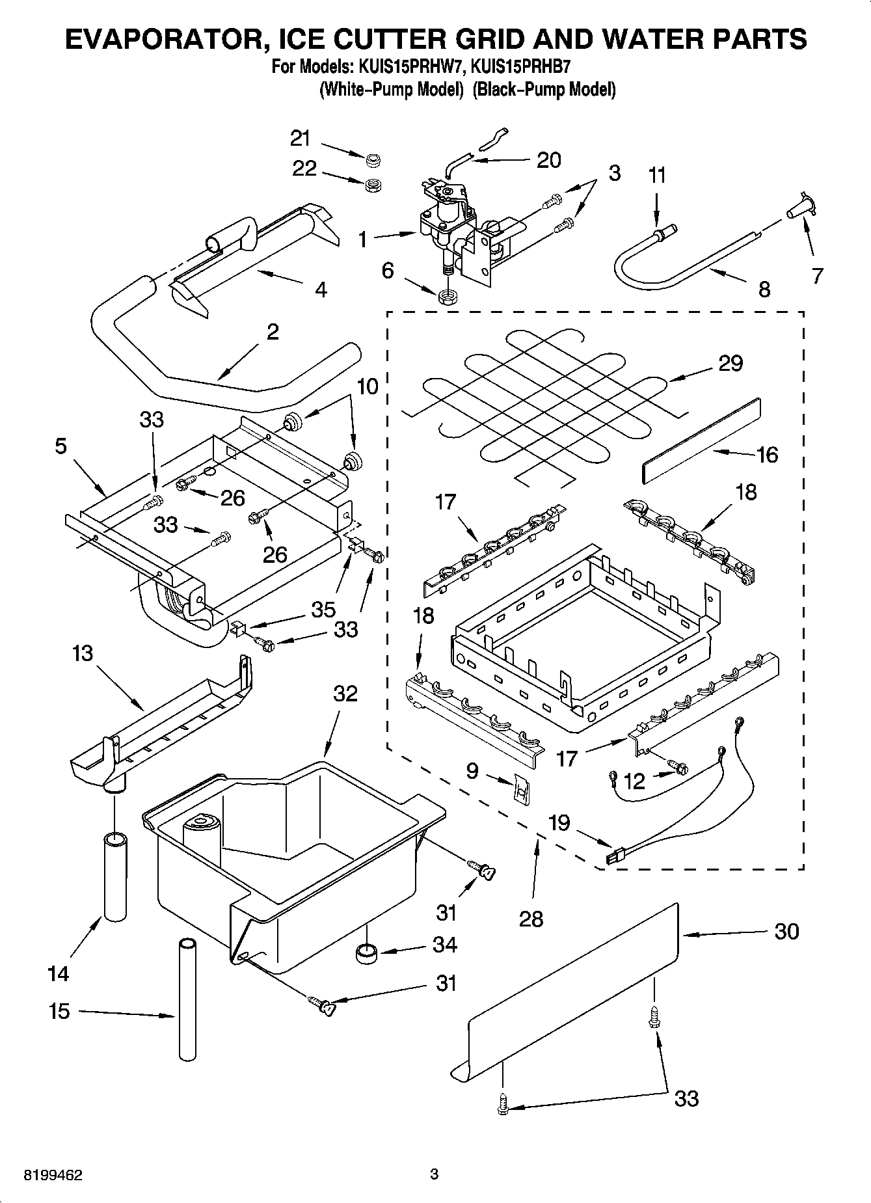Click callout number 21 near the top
[x=300, y=138]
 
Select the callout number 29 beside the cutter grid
[x=730, y=363]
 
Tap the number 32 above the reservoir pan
[x=345, y=694]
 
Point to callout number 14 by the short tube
[x=58, y=973]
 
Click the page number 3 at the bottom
[x=435, y=1174]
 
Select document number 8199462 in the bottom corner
[x=53, y=1175]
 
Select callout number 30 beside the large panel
[x=786, y=932]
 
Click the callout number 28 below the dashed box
[x=531, y=919]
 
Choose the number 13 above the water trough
[x=83, y=653]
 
